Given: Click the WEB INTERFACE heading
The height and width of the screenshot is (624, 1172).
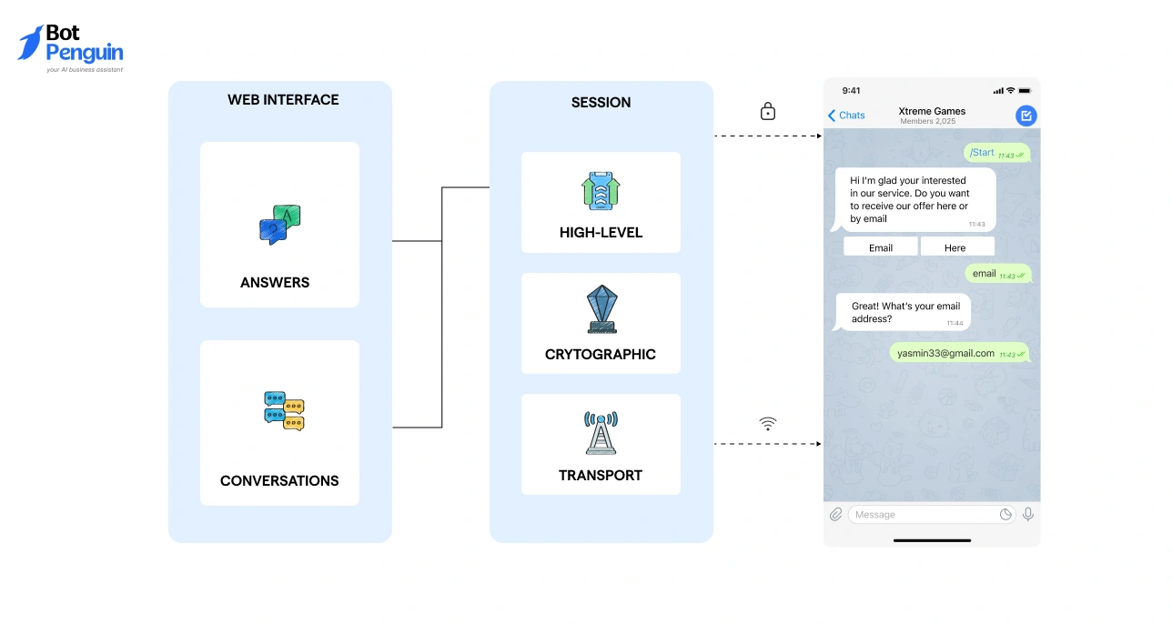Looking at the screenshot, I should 283,100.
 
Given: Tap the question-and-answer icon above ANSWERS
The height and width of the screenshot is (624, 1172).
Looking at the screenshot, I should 279,224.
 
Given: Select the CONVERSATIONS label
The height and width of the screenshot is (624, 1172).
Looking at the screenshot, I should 279,480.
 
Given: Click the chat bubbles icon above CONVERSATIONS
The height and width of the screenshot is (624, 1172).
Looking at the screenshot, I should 283,410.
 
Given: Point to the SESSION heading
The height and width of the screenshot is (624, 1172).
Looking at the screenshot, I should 601,103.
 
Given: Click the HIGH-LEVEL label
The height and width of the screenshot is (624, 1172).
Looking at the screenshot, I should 601,233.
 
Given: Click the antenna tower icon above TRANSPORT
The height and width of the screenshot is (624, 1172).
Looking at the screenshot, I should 601,432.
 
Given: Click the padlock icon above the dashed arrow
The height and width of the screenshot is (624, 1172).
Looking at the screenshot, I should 768,111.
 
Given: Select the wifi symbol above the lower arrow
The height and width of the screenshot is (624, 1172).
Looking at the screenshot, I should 768,424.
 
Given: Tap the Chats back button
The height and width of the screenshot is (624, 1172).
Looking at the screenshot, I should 846,116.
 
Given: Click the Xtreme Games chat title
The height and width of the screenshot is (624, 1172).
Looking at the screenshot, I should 932,111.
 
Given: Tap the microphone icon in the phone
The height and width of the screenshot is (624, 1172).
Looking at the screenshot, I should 1027,515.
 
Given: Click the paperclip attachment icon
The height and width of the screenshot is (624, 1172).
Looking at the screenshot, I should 835,515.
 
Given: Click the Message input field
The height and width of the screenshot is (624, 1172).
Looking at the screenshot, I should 919,515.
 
